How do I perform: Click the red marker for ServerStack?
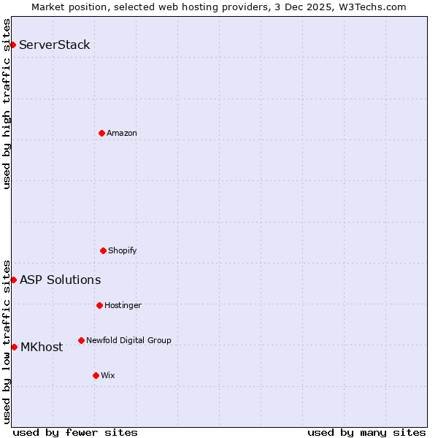click(x=12, y=45)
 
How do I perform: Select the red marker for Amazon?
click(x=101, y=133)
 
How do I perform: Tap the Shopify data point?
click(x=103, y=250)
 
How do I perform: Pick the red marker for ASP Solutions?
click(x=13, y=280)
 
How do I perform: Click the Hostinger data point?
click(x=99, y=305)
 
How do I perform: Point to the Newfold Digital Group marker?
click(x=81, y=340)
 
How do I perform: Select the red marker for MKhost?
click(x=14, y=347)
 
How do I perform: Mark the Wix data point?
click(x=96, y=375)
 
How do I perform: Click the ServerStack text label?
click(x=55, y=45)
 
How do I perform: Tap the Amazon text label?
click(x=122, y=133)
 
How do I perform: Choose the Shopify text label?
click(x=123, y=250)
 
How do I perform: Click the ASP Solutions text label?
click(x=61, y=280)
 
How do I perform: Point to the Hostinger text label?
click(x=123, y=305)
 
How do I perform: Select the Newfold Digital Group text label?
click(x=128, y=340)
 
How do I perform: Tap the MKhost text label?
click(x=42, y=347)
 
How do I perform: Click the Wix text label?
click(x=108, y=375)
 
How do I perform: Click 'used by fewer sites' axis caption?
click(x=75, y=432)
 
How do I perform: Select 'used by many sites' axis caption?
click(x=366, y=432)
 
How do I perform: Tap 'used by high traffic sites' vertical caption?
click(x=7, y=104)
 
